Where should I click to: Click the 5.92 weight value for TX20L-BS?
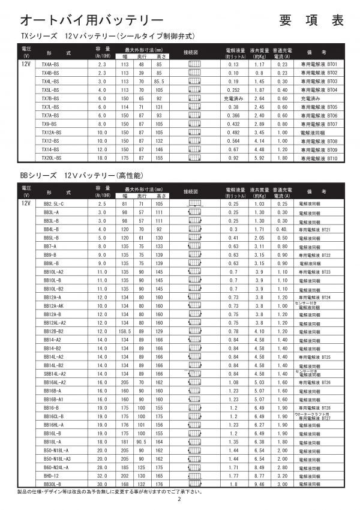(x=259, y=157)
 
